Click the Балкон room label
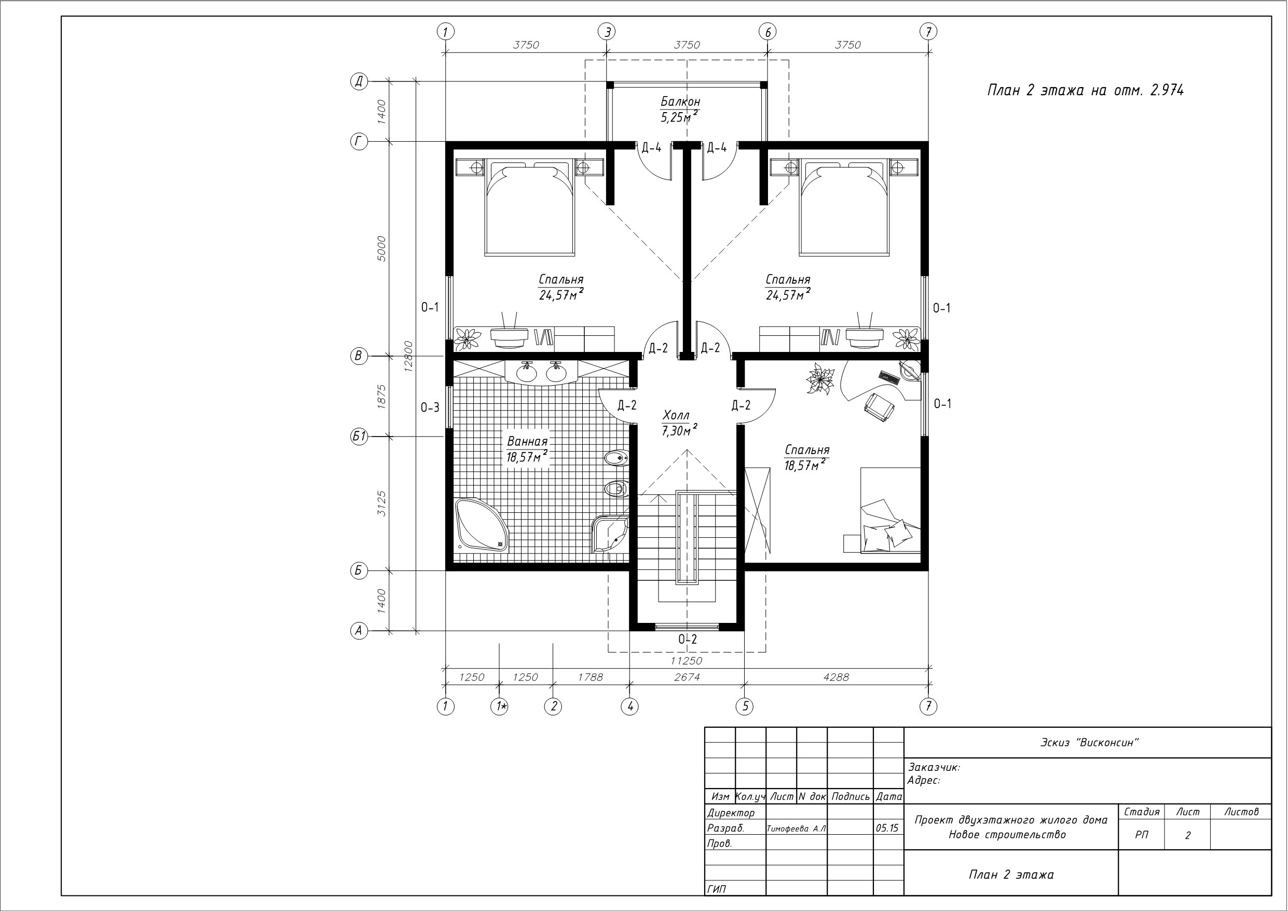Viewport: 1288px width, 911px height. click(x=680, y=102)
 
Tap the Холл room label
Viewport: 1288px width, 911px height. click(x=676, y=415)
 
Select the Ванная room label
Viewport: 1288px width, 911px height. click(x=527, y=441)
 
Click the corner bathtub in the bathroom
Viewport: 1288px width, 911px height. click(x=482, y=524)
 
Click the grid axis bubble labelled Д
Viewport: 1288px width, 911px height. click(x=359, y=81)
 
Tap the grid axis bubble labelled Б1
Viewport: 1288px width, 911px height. click(x=359, y=436)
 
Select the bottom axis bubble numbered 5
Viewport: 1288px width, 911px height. click(x=745, y=706)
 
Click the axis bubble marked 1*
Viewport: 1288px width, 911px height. click(x=500, y=706)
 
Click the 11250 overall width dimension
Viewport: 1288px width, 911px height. click(x=686, y=661)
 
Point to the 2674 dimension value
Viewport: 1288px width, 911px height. click(x=687, y=677)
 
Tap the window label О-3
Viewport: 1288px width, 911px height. click(x=430, y=407)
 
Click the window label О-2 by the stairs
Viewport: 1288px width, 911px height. click(x=688, y=639)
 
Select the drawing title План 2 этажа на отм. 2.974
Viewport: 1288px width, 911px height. click(x=1086, y=90)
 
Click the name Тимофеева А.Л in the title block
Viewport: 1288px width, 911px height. click(x=796, y=828)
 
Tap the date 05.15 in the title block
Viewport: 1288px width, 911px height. click(x=887, y=828)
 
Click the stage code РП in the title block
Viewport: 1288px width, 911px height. click(x=1142, y=835)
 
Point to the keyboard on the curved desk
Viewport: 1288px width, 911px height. click(x=889, y=377)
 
